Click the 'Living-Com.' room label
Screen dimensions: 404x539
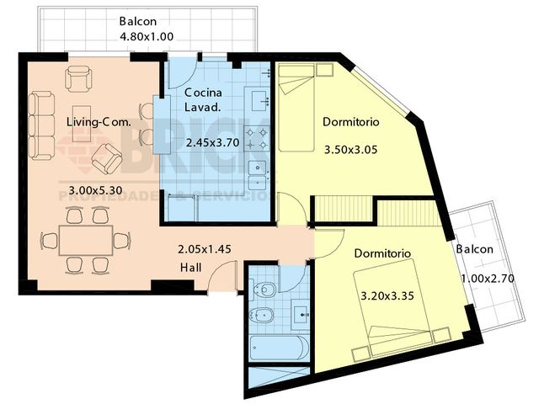click(99, 122)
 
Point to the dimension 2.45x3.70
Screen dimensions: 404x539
click(213, 143)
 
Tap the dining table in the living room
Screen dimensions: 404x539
click(87, 241)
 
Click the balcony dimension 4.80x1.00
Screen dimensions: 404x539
click(147, 37)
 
